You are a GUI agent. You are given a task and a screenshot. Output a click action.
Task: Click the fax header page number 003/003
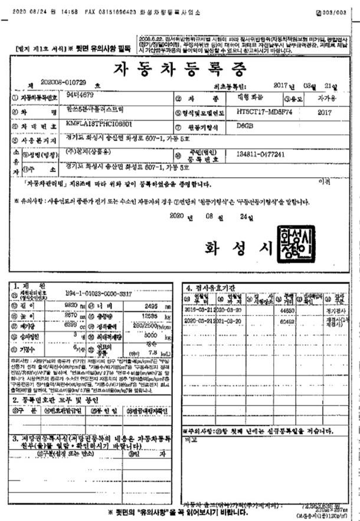tap(339, 11)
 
